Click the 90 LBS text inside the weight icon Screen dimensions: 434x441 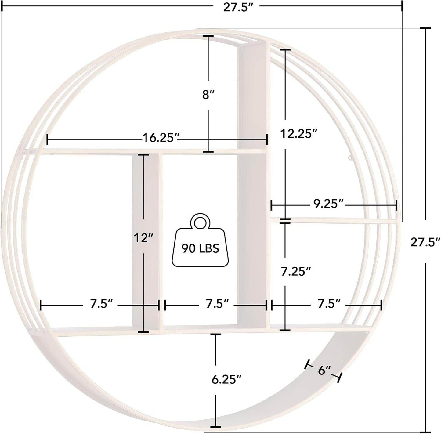200,248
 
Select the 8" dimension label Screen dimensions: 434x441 208,95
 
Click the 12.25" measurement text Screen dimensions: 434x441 299,133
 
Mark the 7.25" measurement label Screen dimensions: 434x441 296,271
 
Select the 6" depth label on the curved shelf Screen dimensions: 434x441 324,371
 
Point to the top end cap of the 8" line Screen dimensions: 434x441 208,36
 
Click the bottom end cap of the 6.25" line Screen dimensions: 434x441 216,426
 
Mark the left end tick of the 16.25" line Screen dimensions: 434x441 47,140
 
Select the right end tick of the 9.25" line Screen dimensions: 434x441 396,205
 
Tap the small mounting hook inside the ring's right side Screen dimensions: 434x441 350,158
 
